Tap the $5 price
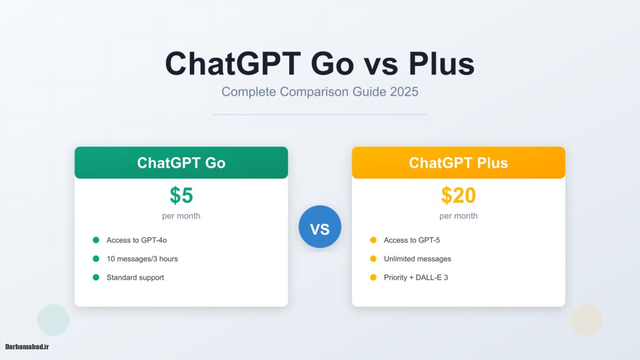click(x=181, y=196)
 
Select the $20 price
click(x=459, y=196)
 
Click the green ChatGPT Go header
click(x=181, y=163)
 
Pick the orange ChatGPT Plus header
click(x=459, y=163)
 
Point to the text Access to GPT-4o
click(x=137, y=240)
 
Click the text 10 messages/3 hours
click(x=142, y=259)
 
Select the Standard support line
click(x=135, y=277)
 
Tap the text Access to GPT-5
click(x=412, y=240)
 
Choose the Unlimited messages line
click(x=417, y=259)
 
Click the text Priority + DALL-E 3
click(x=415, y=277)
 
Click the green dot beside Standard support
click(x=96, y=277)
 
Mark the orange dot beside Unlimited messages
click(x=373, y=259)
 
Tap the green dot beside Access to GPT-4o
click(x=96, y=240)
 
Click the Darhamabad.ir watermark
click(x=27, y=347)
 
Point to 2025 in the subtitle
click(x=404, y=92)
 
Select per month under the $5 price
click(x=181, y=216)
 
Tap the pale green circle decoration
click(x=53, y=320)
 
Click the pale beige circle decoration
click(x=587, y=320)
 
